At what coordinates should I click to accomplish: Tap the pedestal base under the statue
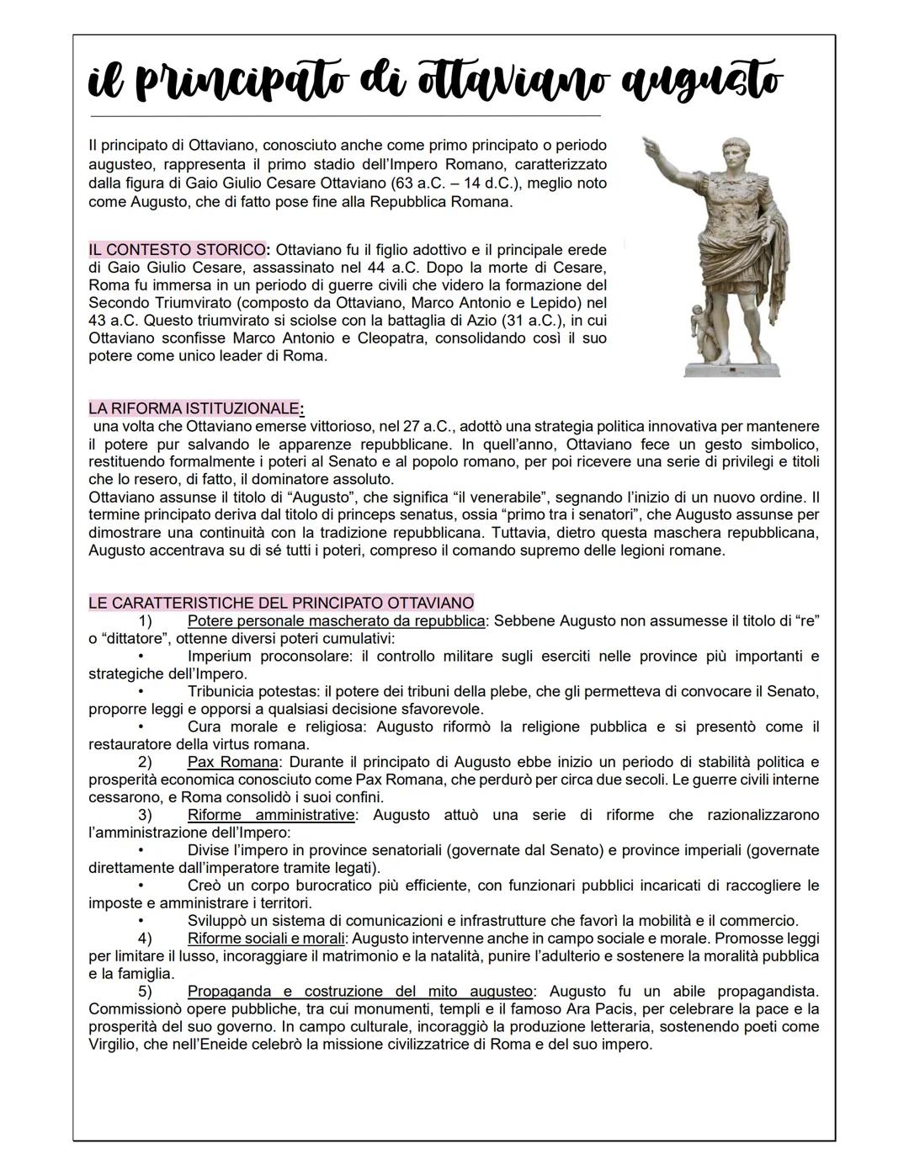tap(731, 369)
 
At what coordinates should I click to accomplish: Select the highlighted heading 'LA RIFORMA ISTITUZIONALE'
tap(194, 409)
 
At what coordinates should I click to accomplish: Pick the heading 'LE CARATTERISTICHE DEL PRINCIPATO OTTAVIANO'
tap(281, 603)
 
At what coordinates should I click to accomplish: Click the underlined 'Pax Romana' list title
tap(232, 762)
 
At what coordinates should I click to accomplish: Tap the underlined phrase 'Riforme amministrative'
tap(270, 815)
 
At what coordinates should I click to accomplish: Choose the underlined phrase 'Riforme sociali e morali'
tap(266, 938)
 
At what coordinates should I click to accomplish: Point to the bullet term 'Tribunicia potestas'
tap(253, 691)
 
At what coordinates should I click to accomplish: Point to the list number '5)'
tap(145, 991)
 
